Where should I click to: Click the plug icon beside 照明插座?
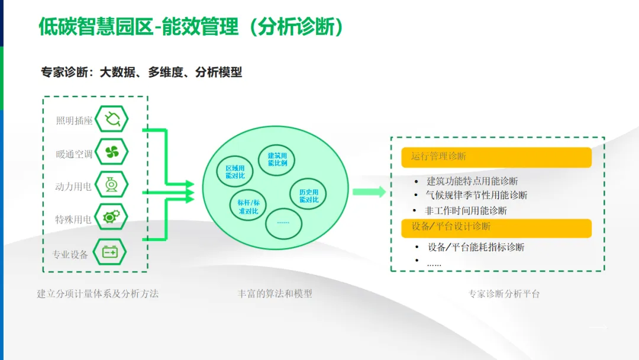[111, 120]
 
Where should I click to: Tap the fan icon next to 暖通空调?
[111, 153]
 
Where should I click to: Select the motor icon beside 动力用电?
[111, 185]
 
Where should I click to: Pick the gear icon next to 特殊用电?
[111, 218]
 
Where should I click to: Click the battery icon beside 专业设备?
[111, 252]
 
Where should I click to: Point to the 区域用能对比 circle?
[235, 172]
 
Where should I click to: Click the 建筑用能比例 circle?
[277, 159]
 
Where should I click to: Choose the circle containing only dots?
[283, 222]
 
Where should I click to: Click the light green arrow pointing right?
[369, 192]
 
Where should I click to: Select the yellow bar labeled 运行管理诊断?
[496, 157]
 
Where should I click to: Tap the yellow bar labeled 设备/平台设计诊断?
[496, 227]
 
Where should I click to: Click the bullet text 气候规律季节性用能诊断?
[476, 195]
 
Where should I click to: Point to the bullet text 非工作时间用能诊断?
[466, 210]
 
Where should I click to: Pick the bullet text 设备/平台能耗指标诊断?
[476, 247]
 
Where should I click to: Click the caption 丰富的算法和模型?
[275, 293]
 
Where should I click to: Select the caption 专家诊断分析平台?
[504, 293]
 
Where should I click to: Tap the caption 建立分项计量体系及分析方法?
[98, 293]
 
